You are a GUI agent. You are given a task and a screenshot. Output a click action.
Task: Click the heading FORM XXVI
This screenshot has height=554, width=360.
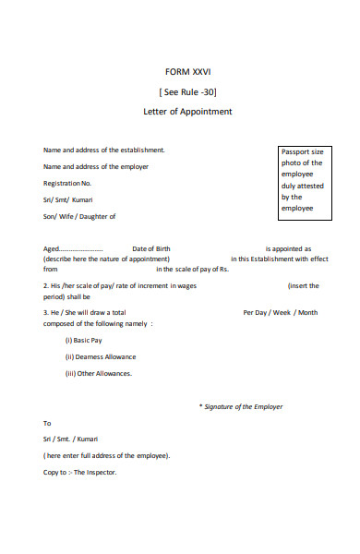[187, 72]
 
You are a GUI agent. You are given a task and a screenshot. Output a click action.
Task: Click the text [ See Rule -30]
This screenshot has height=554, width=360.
[187, 91]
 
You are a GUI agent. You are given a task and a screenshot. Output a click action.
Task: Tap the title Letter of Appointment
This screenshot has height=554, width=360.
[187, 112]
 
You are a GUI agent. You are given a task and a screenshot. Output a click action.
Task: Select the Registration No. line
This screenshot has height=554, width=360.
[67, 183]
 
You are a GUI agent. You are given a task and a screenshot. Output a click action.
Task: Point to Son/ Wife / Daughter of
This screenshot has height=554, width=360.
[79, 216]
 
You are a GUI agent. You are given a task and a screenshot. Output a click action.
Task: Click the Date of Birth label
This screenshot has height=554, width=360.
[151, 249]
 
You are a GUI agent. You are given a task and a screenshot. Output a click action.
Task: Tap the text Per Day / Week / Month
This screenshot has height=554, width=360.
[280, 312]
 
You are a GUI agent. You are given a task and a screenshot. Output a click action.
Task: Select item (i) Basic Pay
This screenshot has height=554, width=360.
[83, 340]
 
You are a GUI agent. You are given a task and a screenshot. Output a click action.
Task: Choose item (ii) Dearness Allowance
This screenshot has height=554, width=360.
[100, 356]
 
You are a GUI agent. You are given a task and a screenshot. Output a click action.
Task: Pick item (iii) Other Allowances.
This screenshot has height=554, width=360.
[98, 373]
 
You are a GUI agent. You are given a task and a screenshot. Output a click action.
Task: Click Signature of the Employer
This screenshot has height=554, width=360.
[244, 406]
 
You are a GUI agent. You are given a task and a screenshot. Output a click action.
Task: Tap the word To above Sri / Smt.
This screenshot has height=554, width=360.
[48, 423]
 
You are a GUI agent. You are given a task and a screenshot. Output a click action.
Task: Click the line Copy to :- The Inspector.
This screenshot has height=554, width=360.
[80, 473]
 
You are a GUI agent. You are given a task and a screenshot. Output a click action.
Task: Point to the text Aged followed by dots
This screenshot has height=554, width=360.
[73, 249]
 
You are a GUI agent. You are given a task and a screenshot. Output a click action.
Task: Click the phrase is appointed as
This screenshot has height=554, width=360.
[288, 249]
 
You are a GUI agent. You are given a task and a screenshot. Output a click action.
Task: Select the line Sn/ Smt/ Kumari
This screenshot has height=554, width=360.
[67, 199]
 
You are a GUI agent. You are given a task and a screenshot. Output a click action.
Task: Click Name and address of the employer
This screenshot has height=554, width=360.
[96, 166]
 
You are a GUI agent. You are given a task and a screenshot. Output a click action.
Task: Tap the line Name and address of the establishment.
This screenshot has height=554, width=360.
[103, 150]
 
